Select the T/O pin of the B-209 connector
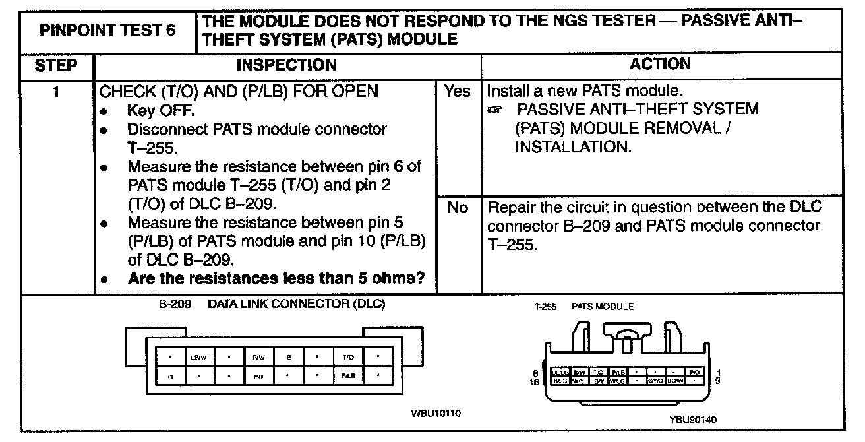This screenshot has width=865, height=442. click(347, 358)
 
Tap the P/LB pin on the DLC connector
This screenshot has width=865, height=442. click(347, 378)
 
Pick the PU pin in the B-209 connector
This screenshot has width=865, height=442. click(258, 378)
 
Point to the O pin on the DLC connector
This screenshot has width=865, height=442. click(170, 378)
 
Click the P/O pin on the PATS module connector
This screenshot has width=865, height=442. click(694, 373)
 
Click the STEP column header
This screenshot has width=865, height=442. click(56, 65)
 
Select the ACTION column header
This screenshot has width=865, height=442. click(660, 64)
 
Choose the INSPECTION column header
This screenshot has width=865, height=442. click(286, 65)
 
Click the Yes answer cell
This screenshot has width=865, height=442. click(458, 92)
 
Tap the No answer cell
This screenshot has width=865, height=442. click(458, 208)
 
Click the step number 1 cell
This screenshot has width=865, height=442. click(57, 92)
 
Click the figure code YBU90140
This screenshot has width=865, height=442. click(692, 418)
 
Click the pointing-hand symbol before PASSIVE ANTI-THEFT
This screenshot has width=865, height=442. click(495, 110)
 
